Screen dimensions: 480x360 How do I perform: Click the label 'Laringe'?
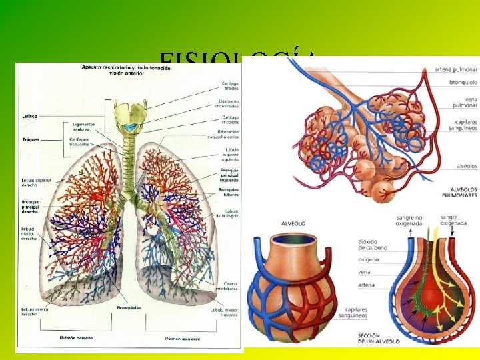pyautogui.click(x=29, y=116)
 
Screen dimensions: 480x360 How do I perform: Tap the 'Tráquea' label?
pyautogui.click(x=30, y=139)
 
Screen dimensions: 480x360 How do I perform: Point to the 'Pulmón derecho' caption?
pyautogui.click(x=76, y=338)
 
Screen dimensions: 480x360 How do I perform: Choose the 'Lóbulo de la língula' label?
pyautogui.click(x=227, y=213)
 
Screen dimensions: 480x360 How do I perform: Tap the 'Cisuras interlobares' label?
pyautogui.click(x=227, y=288)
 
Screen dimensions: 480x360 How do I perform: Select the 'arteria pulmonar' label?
pyautogui.click(x=455, y=69)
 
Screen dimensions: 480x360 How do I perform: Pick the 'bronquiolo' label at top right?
pyautogui.click(x=462, y=83)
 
